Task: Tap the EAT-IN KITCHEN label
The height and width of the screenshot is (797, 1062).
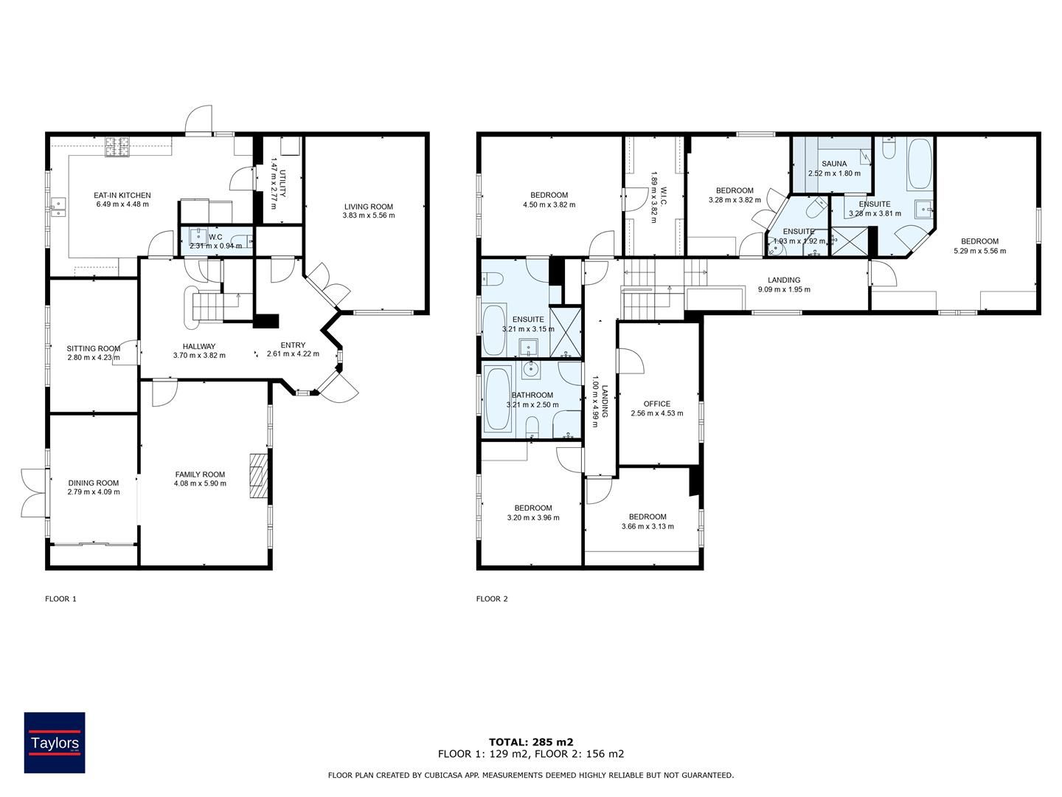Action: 122,195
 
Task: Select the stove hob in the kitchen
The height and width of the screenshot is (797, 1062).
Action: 118,147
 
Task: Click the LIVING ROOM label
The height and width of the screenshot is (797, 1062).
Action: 369,206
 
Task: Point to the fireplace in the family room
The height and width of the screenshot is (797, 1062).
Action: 258,476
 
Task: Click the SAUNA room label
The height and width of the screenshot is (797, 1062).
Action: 834,164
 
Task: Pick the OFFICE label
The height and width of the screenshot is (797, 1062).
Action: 657,404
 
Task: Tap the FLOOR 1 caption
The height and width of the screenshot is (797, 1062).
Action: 60,598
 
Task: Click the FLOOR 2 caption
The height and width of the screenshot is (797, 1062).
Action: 492,598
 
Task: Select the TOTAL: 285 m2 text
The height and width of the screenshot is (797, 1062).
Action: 531,742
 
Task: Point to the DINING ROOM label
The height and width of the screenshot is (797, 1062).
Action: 94,483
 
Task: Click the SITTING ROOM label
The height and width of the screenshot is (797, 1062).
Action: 94,348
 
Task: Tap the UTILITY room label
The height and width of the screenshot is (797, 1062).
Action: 283,184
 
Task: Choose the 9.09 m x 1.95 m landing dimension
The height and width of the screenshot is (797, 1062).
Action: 784,289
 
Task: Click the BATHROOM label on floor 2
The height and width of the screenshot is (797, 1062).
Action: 532,395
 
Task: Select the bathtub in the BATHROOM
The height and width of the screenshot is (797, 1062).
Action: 497,398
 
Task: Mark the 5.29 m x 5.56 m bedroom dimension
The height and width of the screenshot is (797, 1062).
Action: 979,251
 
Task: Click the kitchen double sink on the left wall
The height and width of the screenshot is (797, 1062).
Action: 59,207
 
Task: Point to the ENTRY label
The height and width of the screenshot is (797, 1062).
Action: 293,345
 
